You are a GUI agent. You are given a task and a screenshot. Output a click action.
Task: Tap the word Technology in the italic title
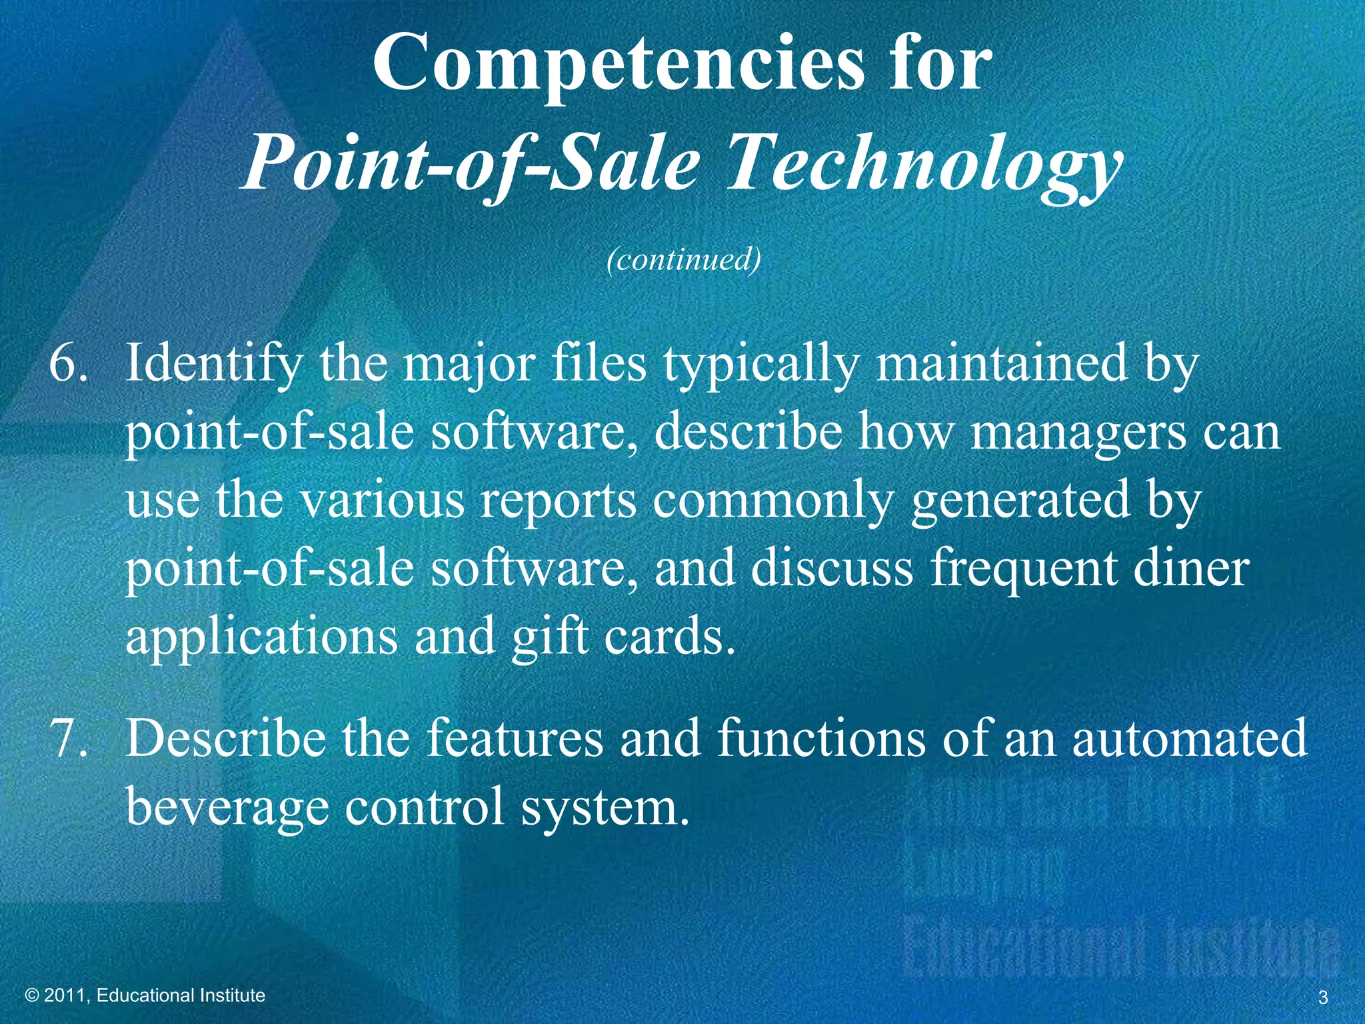923,163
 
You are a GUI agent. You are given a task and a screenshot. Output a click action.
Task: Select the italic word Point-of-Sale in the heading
471,163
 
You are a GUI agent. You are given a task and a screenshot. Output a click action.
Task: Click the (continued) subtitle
683,259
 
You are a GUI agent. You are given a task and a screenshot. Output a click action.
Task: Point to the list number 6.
68,363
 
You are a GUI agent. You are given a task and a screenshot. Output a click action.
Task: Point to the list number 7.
68,739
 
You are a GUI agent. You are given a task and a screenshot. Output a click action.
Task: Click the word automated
1189,739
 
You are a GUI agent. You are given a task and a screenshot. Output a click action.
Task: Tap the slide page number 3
1323,998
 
